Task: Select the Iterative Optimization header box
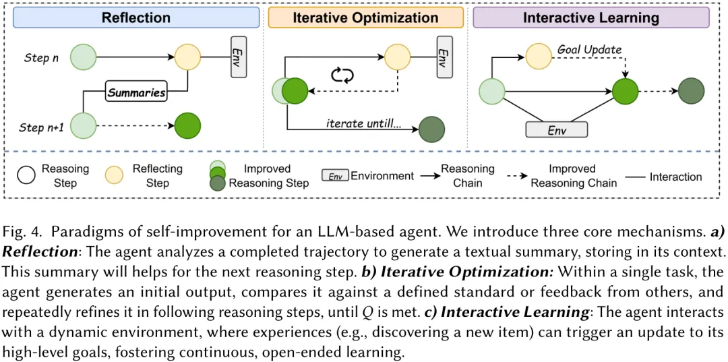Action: click(365, 18)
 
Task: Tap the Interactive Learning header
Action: click(591, 18)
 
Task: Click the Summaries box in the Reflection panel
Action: click(136, 93)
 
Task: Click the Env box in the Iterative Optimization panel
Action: click(442, 57)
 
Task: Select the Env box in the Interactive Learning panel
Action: click(557, 130)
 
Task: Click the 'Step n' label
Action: click(41, 58)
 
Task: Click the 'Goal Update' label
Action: click(589, 50)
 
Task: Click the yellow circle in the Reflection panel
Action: click(188, 57)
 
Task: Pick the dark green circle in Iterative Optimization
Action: click(431, 129)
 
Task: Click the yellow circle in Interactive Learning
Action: click(539, 57)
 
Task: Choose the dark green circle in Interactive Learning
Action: click(691, 91)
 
